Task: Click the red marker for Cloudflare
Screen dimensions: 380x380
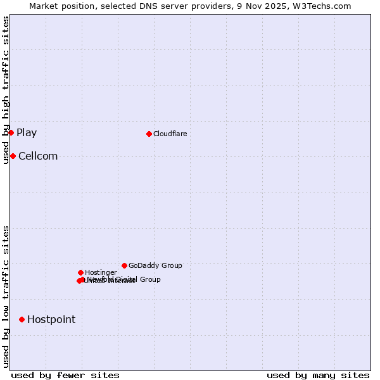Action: [149, 134]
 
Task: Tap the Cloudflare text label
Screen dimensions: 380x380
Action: [170, 134]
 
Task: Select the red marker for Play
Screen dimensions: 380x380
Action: [11, 132]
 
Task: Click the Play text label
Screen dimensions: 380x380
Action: [27, 133]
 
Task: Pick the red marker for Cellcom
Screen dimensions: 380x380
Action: [13, 156]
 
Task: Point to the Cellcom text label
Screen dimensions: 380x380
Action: [38, 156]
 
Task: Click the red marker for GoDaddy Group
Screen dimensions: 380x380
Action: [124, 265]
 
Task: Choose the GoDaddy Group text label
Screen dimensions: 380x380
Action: [155, 266]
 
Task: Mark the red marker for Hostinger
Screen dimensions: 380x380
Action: [80, 272]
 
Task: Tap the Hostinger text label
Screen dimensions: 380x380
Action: [101, 273]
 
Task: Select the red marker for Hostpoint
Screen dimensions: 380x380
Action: [22, 319]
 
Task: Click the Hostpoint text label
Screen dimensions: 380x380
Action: [51, 320]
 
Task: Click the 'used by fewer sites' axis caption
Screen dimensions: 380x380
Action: [65, 376]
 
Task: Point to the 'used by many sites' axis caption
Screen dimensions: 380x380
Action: [318, 376]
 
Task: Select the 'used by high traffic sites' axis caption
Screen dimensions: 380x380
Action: [6, 91]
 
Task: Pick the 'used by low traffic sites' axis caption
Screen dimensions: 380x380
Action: [6, 296]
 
